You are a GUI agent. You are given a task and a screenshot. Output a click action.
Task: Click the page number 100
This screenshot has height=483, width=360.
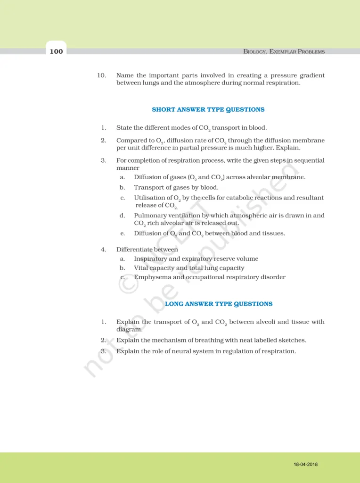tap(56, 51)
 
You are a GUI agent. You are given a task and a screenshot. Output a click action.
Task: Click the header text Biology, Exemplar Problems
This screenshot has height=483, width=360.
tap(284, 51)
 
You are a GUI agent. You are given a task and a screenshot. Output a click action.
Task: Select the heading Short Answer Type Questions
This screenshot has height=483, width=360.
tap(208, 109)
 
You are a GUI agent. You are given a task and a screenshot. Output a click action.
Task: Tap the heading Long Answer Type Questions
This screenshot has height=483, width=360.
tap(219, 304)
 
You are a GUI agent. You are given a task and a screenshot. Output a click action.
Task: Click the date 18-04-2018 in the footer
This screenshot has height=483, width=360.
tap(305, 464)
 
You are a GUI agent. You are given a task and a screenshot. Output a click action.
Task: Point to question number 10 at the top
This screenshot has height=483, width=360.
tap(102, 75)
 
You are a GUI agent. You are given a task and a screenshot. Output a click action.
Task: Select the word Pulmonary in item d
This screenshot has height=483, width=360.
tap(149, 216)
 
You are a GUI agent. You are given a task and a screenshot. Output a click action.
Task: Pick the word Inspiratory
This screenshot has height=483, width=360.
tap(151, 258)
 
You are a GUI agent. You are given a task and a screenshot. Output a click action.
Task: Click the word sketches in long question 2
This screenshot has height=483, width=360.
tap(293, 340)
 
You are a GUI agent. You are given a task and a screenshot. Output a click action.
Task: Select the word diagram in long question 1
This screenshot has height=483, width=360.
tap(128, 329)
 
